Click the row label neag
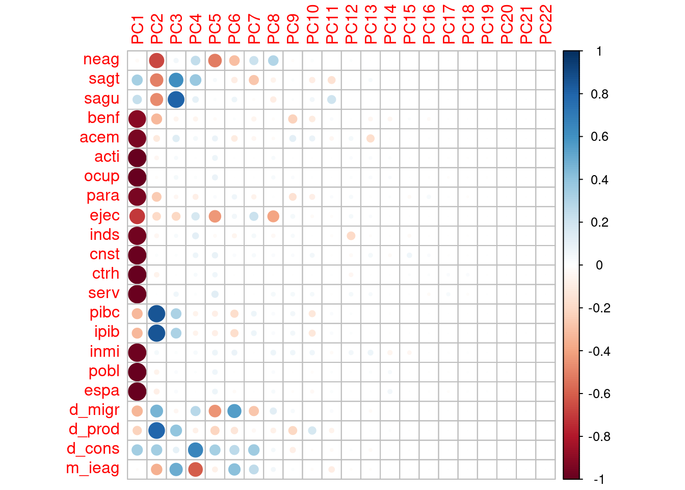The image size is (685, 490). point(101,60)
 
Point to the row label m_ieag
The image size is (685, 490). point(93,468)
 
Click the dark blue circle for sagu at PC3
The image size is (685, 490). point(176,100)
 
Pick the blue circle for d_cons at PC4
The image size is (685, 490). point(195,450)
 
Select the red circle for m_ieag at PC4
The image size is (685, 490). point(195,469)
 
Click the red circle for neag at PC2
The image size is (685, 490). point(156,61)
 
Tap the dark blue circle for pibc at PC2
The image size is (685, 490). point(156,313)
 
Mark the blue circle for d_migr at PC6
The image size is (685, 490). point(234,410)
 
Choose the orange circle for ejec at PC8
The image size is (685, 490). point(273,216)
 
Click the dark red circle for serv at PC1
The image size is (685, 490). point(137,294)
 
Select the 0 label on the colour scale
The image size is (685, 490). point(599,265)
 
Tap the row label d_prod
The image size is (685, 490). point(94,429)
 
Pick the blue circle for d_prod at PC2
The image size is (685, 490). point(156,430)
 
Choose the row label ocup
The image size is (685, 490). point(101,177)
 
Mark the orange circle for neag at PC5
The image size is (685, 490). point(215,61)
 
